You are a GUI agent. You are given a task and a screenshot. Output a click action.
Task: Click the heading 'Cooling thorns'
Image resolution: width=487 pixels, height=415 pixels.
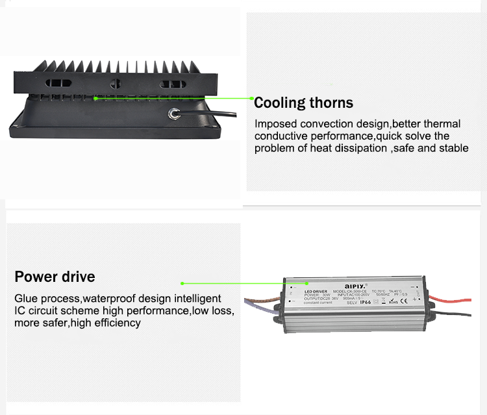point(303,103)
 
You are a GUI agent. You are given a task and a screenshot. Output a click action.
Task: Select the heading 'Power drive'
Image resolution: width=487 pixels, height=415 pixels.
point(55,277)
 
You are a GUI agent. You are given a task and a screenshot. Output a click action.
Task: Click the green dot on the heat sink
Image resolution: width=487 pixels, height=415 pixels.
point(95,98)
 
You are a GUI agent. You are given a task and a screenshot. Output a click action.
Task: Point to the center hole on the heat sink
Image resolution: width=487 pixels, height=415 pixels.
point(117,84)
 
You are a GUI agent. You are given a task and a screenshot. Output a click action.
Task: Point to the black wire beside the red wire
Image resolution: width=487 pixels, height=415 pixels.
point(455,316)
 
